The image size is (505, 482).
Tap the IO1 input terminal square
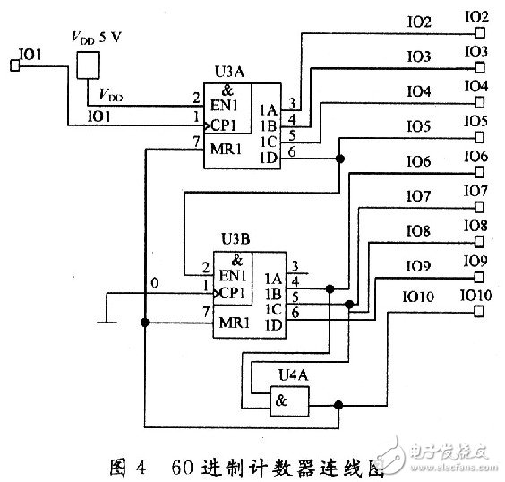click(13, 65)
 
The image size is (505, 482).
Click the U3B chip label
click(235, 239)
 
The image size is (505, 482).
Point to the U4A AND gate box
click(291, 401)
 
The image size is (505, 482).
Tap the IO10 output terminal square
click(480, 312)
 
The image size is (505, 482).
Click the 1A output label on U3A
click(268, 110)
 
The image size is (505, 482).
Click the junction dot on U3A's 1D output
click(339, 159)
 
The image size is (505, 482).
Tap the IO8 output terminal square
click(480, 243)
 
